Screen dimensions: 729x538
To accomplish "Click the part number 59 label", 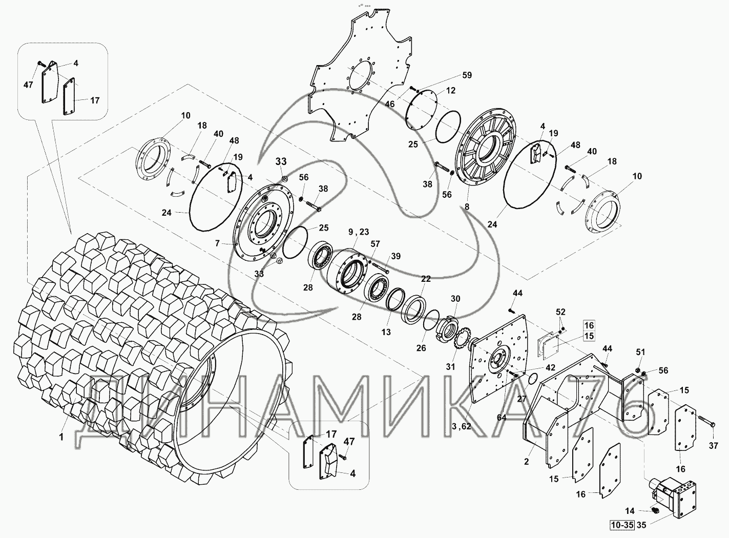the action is (467, 75).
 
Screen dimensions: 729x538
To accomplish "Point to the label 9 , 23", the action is (359, 232).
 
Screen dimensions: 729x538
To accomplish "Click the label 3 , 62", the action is (462, 426).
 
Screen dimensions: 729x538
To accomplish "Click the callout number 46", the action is (389, 104).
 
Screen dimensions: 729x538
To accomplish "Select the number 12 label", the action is (451, 90).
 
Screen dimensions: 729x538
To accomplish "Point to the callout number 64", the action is (502, 418).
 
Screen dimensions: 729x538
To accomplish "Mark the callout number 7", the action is (217, 244).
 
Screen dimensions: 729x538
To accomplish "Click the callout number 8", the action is (467, 206).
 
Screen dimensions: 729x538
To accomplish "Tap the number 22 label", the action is (426, 279).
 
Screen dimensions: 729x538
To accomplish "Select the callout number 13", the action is (386, 332).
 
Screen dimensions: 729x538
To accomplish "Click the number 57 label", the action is (375, 244).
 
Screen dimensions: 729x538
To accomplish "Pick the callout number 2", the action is (526, 462).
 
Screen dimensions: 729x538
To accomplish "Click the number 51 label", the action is (640, 352).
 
